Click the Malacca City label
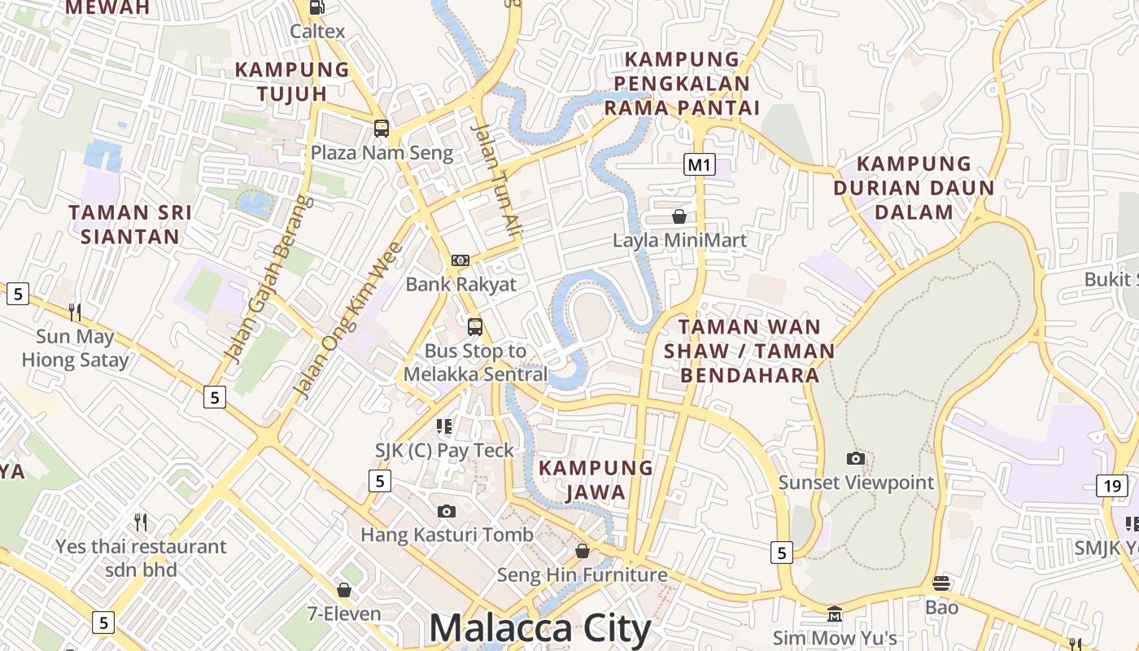point(539,628)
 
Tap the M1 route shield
point(699,165)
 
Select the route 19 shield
point(1112,486)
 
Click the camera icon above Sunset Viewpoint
point(855,458)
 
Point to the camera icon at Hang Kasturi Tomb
point(446,511)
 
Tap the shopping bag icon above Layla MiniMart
point(679,216)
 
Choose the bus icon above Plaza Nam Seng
point(381,128)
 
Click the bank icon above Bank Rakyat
point(460,260)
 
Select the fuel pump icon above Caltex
point(316,7)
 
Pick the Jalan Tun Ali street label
point(496,181)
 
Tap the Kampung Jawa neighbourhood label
point(596,480)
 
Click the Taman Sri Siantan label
point(130,225)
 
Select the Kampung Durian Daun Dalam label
point(913,188)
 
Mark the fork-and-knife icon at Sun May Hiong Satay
point(75,312)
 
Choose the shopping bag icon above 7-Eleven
point(344,589)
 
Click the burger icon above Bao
point(941,583)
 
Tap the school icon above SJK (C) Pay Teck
point(444,426)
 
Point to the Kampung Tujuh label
point(292,81)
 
